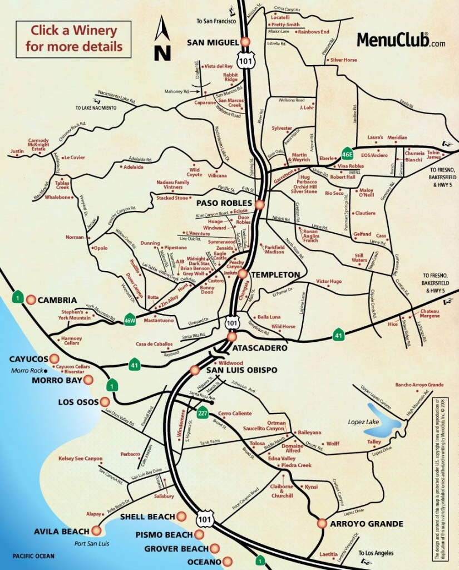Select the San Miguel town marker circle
[245, 42]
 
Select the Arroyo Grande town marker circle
[322, 523]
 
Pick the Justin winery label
[17, 151]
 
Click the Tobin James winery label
[433, 155]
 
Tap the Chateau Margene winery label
[430, 313]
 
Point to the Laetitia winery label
[329, 554]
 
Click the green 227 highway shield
[203, 413]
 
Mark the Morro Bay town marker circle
[88, 380]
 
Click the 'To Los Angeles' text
[376, 553]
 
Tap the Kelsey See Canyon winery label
[81, 459]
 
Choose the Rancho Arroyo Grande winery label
[419, 385]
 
